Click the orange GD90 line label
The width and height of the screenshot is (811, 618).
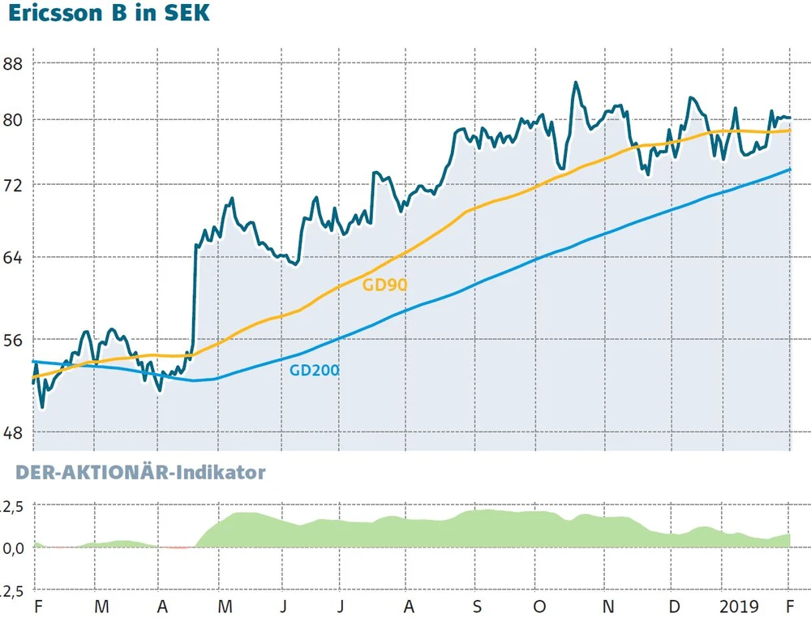click(x=384, y=285)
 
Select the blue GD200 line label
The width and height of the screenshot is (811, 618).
click(x=315, y=370)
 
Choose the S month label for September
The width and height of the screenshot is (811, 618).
click(x=478, y=607)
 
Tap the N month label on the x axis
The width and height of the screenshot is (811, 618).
click(x=608, y=607)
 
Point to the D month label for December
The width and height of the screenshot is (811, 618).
click(x=673, y=607)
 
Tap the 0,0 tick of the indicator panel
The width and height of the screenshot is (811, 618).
click(x=15, y=547)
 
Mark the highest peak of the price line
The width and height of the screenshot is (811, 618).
click(x=575, y=82)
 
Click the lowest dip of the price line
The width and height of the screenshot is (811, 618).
click(x=41, y=407)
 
